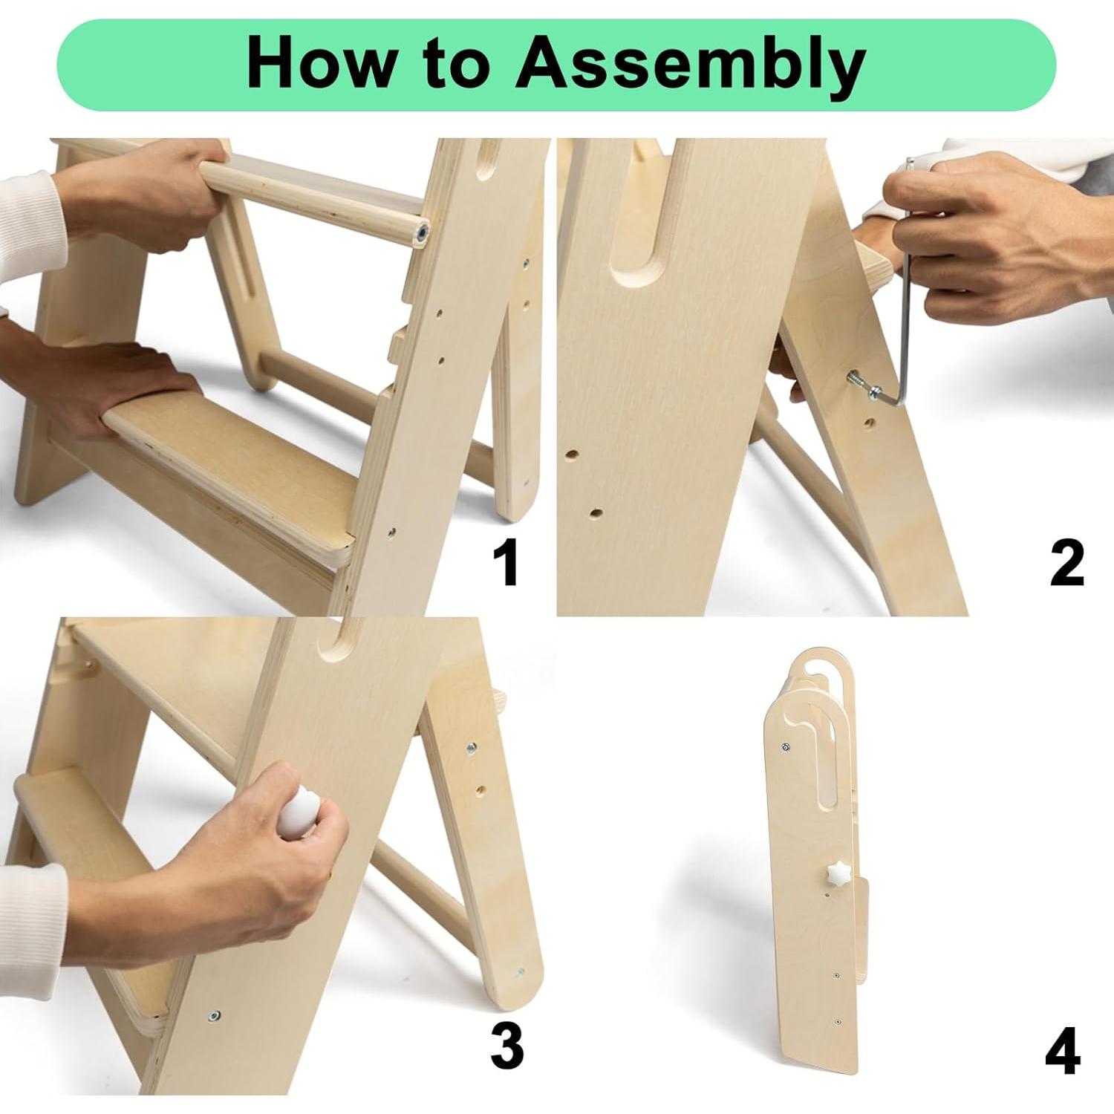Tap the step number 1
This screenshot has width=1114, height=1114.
pyautogui.click(x=506, y=564)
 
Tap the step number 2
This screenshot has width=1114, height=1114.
pyautogui.click(x=1067, y=564)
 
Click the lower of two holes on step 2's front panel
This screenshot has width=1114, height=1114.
pyautogui.click(x=595, y=512)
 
